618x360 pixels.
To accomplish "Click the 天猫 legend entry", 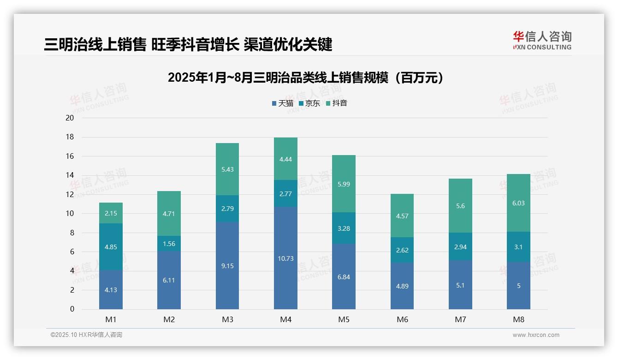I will pyautogui.click(x=282, y=103).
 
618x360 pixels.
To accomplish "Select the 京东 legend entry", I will pyautogui.click(x=309, y=103).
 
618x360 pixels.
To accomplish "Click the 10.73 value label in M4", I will pyautogui.click(x=285, y=258).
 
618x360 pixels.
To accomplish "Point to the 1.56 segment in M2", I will pyautogui.click(x=169, y=244).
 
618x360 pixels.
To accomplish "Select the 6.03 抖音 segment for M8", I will pyautogui.click(x=518, y=203).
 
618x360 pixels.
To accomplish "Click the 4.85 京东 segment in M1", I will pyautogui.click(x=111, y=247).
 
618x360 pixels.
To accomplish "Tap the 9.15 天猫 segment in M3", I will pyautogui.click(x=227, y=266).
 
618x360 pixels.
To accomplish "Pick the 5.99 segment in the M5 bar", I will pyautogui.click(x=344, y=184).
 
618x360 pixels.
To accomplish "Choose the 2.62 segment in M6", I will pyautogui.click(x=402, y=250).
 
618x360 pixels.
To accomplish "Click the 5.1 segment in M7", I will pyautogui.click(x=460, y=285).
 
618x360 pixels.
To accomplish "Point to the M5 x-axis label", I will pyautogui.click(x=344, y=319).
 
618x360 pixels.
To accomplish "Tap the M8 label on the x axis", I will pyautogui.click(x=518, y=319).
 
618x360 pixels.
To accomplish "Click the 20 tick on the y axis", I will pyautogui.click(x=70, y=118).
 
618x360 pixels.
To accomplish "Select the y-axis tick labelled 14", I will pyautogui.click(x=70, y=175).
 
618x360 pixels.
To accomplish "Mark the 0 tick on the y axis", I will pyautogui.click(x=72, y=309).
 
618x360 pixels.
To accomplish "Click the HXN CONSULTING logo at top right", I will pyautogui.click(x=542, y=40).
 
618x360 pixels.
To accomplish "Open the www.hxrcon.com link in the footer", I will pyautogui.click(x=536, y=335).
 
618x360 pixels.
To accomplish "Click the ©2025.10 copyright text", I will pyautogui.click(x=86, y=335).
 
